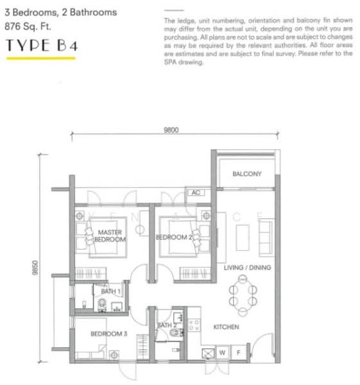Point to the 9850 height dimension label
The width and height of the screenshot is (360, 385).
click(36, 267)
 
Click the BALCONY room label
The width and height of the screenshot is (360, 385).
click(246, 174)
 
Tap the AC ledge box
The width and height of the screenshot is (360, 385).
click(195, 192)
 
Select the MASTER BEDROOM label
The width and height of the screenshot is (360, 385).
click(110, 235)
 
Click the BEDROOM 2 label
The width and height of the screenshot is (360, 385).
click(175, 237)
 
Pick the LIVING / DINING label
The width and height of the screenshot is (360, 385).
click(247, 268)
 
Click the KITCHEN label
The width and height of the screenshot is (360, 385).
click(226, 327)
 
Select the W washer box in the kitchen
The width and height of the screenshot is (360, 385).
click(222, 352)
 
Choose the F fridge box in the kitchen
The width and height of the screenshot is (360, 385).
click(238, 352)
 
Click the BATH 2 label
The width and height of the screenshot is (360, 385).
click(166, 326)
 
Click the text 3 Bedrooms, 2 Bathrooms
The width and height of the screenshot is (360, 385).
click(60, 12)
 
